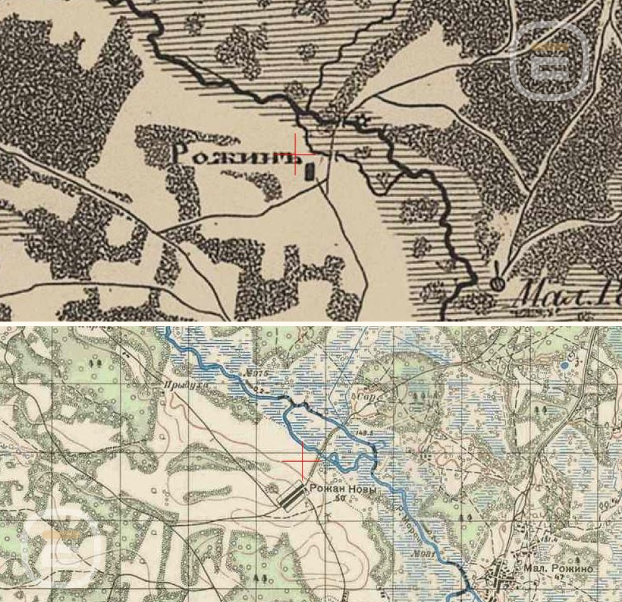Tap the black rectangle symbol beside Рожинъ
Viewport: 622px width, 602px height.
309,171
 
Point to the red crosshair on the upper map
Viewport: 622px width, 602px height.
295,154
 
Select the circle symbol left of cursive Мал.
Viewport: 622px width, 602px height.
498,284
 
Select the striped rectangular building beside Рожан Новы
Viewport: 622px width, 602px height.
291,496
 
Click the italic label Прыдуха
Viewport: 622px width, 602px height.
174,383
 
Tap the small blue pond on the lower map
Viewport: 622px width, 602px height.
563,365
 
